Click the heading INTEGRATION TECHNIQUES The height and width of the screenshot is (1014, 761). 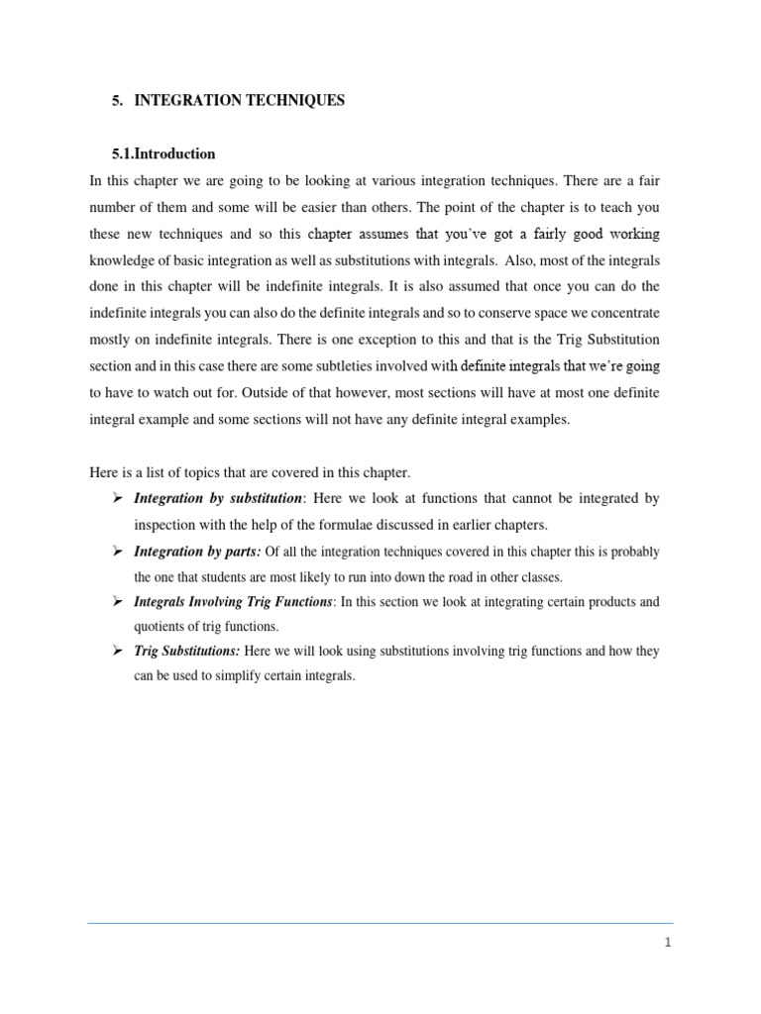coord(239,101)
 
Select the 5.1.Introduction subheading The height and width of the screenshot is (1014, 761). coord(164,154)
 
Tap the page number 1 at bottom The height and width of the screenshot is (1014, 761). coord(668,943)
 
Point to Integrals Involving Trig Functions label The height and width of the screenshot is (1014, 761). coord(233,602)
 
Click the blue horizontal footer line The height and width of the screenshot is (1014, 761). coord(380,923)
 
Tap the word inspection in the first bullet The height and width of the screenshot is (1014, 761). coord(168,524)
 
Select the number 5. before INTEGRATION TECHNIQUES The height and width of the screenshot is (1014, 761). coord(119,101)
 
